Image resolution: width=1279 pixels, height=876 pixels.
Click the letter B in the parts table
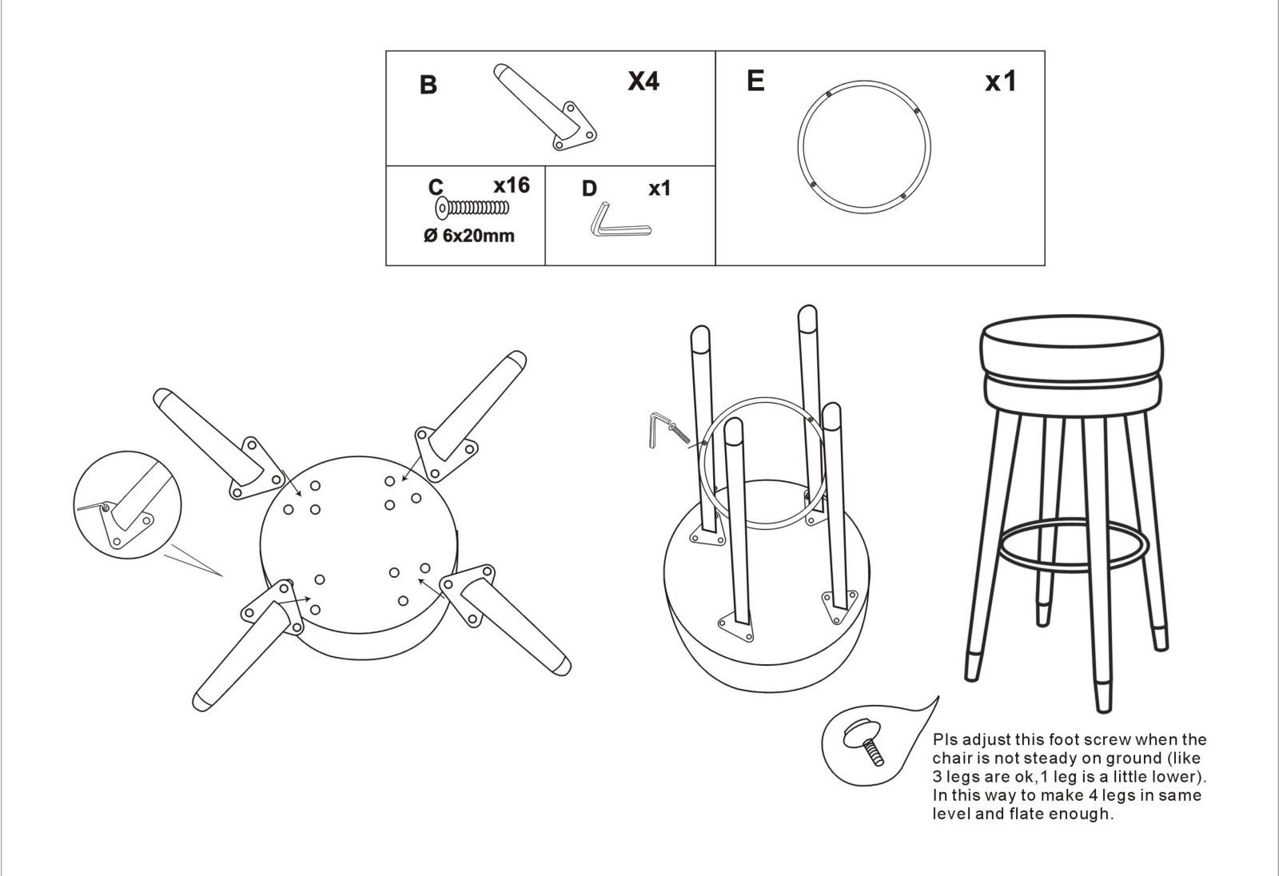(428, 85)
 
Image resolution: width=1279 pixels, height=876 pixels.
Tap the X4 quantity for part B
(643, 81)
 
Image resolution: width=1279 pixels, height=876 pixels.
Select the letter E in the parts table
(755, 81)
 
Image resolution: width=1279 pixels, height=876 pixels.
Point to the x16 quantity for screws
(512, 185)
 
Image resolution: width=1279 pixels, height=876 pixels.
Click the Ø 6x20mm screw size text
(468, 235)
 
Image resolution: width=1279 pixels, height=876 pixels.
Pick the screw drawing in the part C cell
(472, 207)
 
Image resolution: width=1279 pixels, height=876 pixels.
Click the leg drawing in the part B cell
(544, 107)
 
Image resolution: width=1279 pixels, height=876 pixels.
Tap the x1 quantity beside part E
(1000, 82)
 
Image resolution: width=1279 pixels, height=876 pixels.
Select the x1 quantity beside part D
(659, 189)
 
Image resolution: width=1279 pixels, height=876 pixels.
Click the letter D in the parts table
(589, 189)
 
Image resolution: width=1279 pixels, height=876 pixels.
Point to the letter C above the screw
(436, 187)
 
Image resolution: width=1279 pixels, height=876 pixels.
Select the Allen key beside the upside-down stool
(657, 429)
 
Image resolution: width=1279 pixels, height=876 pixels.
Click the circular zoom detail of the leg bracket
(127, 505)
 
